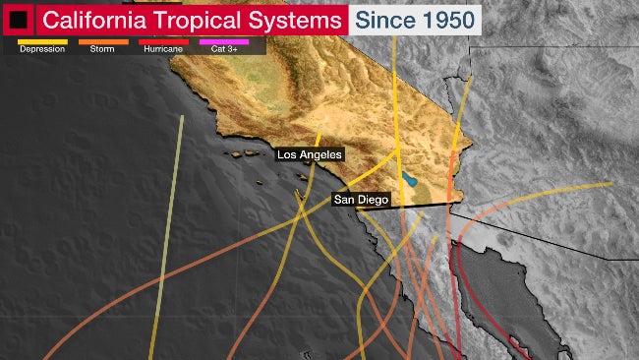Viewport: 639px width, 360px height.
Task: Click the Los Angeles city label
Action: [309, 154]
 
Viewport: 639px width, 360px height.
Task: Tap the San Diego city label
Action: [360, 200]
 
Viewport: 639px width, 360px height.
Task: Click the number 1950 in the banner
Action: [442, 19]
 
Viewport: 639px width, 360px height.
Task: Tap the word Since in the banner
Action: [381, 19]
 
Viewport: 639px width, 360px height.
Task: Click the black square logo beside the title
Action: [19, 19]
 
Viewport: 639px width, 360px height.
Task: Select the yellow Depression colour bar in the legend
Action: [42, 41]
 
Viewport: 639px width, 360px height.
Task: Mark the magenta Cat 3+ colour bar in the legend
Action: [224, 41]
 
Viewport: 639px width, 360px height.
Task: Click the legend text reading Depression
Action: [42, 49]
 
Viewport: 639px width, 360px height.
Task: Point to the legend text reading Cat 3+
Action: [224, 49]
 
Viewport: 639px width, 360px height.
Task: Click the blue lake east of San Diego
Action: [408, 180]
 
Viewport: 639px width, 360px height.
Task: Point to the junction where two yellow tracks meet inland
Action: [397, 150]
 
